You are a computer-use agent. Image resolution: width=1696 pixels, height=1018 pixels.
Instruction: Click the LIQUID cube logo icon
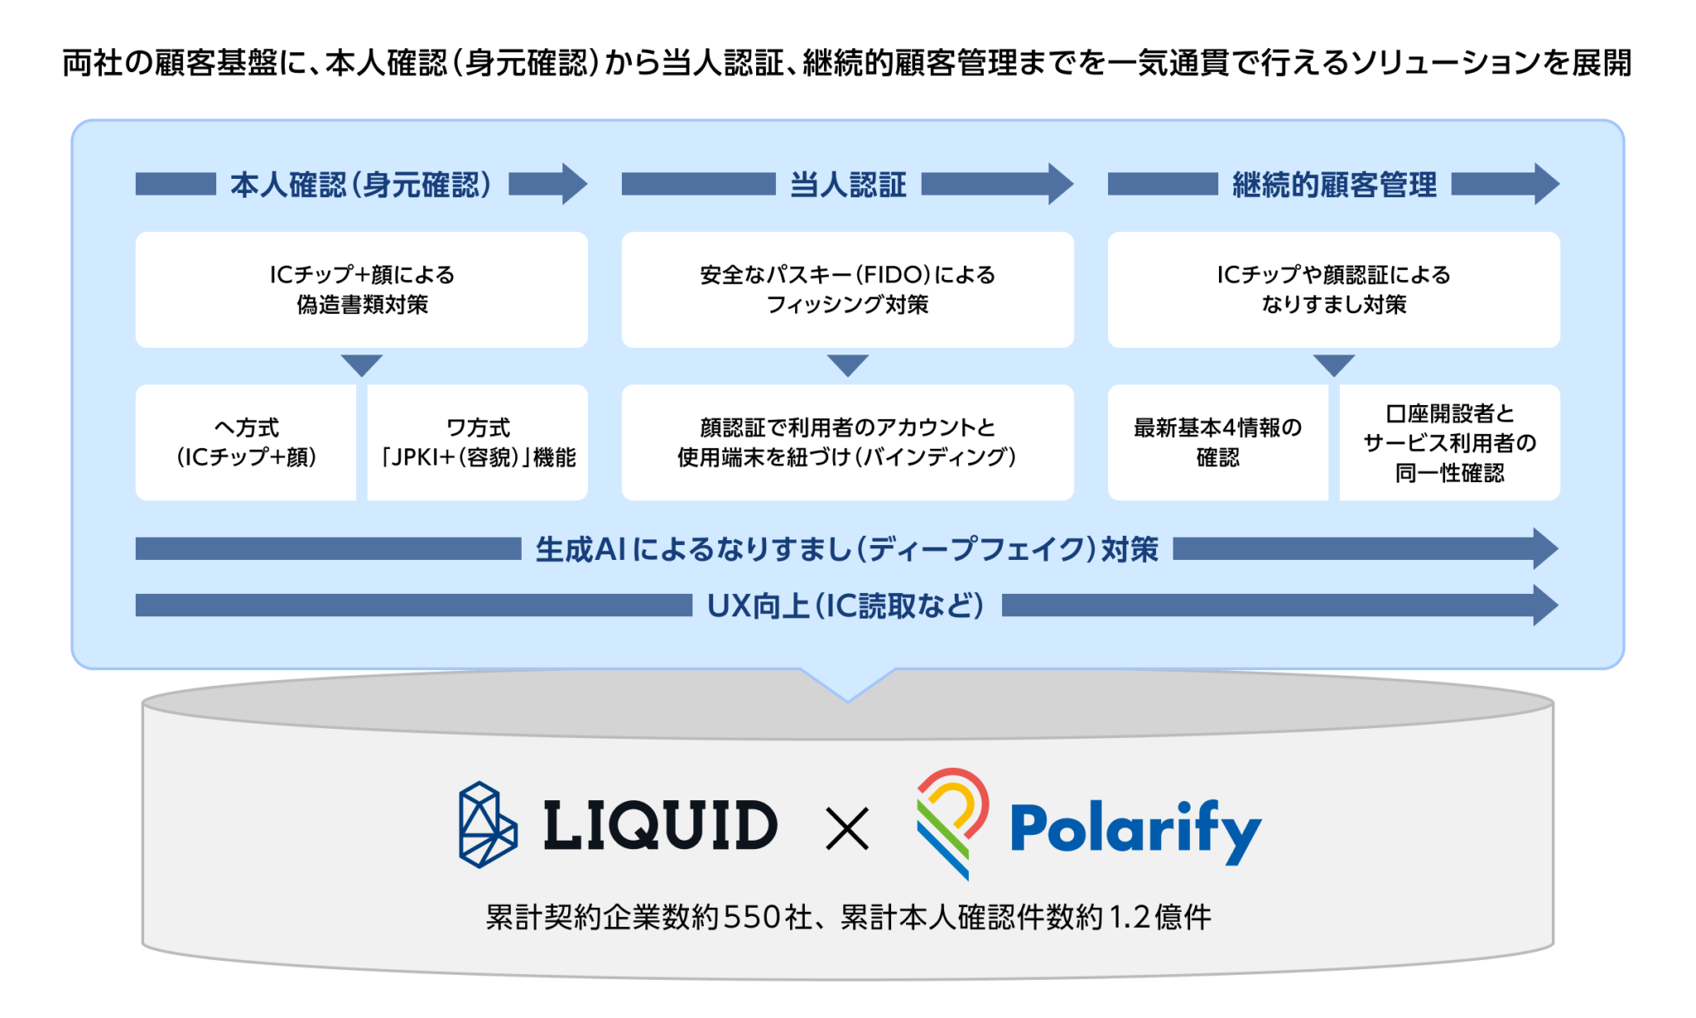pyautogui.click(x=488, y=824)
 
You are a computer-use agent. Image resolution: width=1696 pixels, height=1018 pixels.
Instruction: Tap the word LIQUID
pyautogui.click(x=660, y=826)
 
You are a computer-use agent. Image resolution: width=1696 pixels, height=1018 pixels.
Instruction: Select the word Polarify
pyautogui.click(x=1135, y=828)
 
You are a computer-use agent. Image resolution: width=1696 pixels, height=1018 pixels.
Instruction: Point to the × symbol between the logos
pyautogui.click(x=847, y=829)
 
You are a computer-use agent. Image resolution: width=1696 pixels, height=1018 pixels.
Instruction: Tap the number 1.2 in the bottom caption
pyautogui.click(x=1130, y=917)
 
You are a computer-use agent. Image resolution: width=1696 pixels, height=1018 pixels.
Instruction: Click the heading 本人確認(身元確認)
pyautogui.click(x=361, y=184)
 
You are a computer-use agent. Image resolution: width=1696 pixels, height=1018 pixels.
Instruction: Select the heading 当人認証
pyautogui.click(x=848, y=184)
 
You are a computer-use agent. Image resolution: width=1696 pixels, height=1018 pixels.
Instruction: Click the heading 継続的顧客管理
pyautogui.click(x=1334, y=184)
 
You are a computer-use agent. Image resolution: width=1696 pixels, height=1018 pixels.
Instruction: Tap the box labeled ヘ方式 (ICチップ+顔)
pyautogui.click(x=246, y=442)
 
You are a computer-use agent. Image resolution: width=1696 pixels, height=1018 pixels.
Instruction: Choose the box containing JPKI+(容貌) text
pyautogui.click(x=478, y=442)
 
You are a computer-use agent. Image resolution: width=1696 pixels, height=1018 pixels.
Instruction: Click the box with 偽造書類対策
pyautogui.click(x=362, y=289)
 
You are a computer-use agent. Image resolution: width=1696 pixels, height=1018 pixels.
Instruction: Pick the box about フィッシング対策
pyautogui.click(x=848, y=289)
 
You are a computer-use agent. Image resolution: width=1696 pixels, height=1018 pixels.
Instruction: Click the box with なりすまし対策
pyautogui.click(x=1334, y=289)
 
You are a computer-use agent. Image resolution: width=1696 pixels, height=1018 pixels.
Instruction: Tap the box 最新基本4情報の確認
pyautogui.click(x=1217, y=442)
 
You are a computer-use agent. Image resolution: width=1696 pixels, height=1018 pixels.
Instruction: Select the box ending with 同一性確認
pyautogui.click(x=1450, y=442)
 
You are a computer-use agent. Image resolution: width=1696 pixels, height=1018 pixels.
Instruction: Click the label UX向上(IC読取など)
pyautogui.click(x=846, y=606)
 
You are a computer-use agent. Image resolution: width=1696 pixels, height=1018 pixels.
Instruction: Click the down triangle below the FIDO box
pyautogui.click(x=848, y=364)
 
